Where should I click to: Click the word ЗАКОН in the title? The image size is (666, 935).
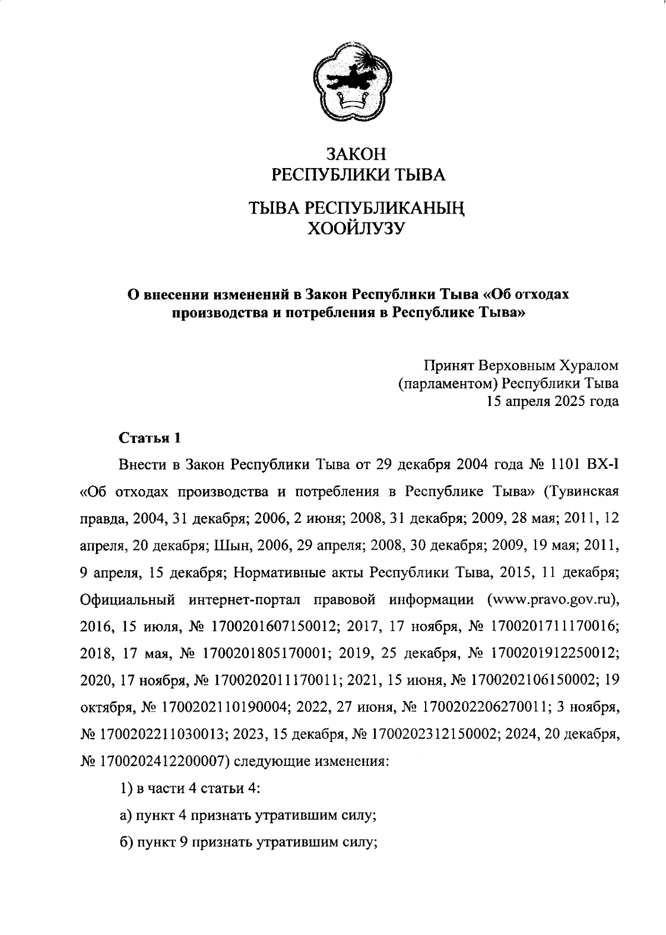(x=356, y=154)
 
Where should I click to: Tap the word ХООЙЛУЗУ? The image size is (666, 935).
(x=356, y=228)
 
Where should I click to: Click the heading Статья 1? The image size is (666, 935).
(x=150, y=438)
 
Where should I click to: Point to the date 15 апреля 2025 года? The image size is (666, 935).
(x=552, y=402)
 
